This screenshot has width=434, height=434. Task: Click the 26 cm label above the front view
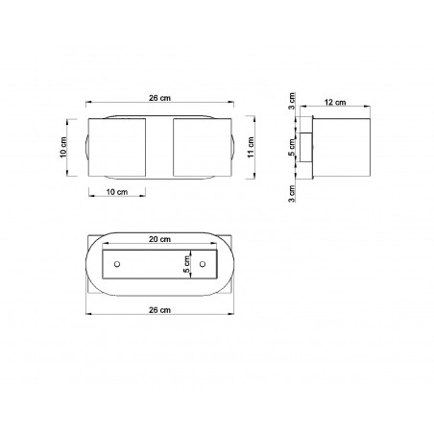[x=159, y=98]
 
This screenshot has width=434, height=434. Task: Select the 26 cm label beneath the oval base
[x=159, y=310]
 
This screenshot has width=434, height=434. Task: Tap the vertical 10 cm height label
[x=63, y=147]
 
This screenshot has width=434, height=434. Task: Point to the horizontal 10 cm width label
[x=117, y=192]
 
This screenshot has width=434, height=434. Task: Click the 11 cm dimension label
[x=251, y=147]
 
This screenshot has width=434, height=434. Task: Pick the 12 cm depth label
[x=335, y=103]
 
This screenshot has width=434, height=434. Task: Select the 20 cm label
[x=159, y=239]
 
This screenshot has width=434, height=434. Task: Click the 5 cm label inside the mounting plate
[x=186, y=264]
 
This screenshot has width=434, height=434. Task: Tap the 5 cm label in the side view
[x=292, y=147]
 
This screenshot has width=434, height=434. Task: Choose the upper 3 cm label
[x=292, y=101]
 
